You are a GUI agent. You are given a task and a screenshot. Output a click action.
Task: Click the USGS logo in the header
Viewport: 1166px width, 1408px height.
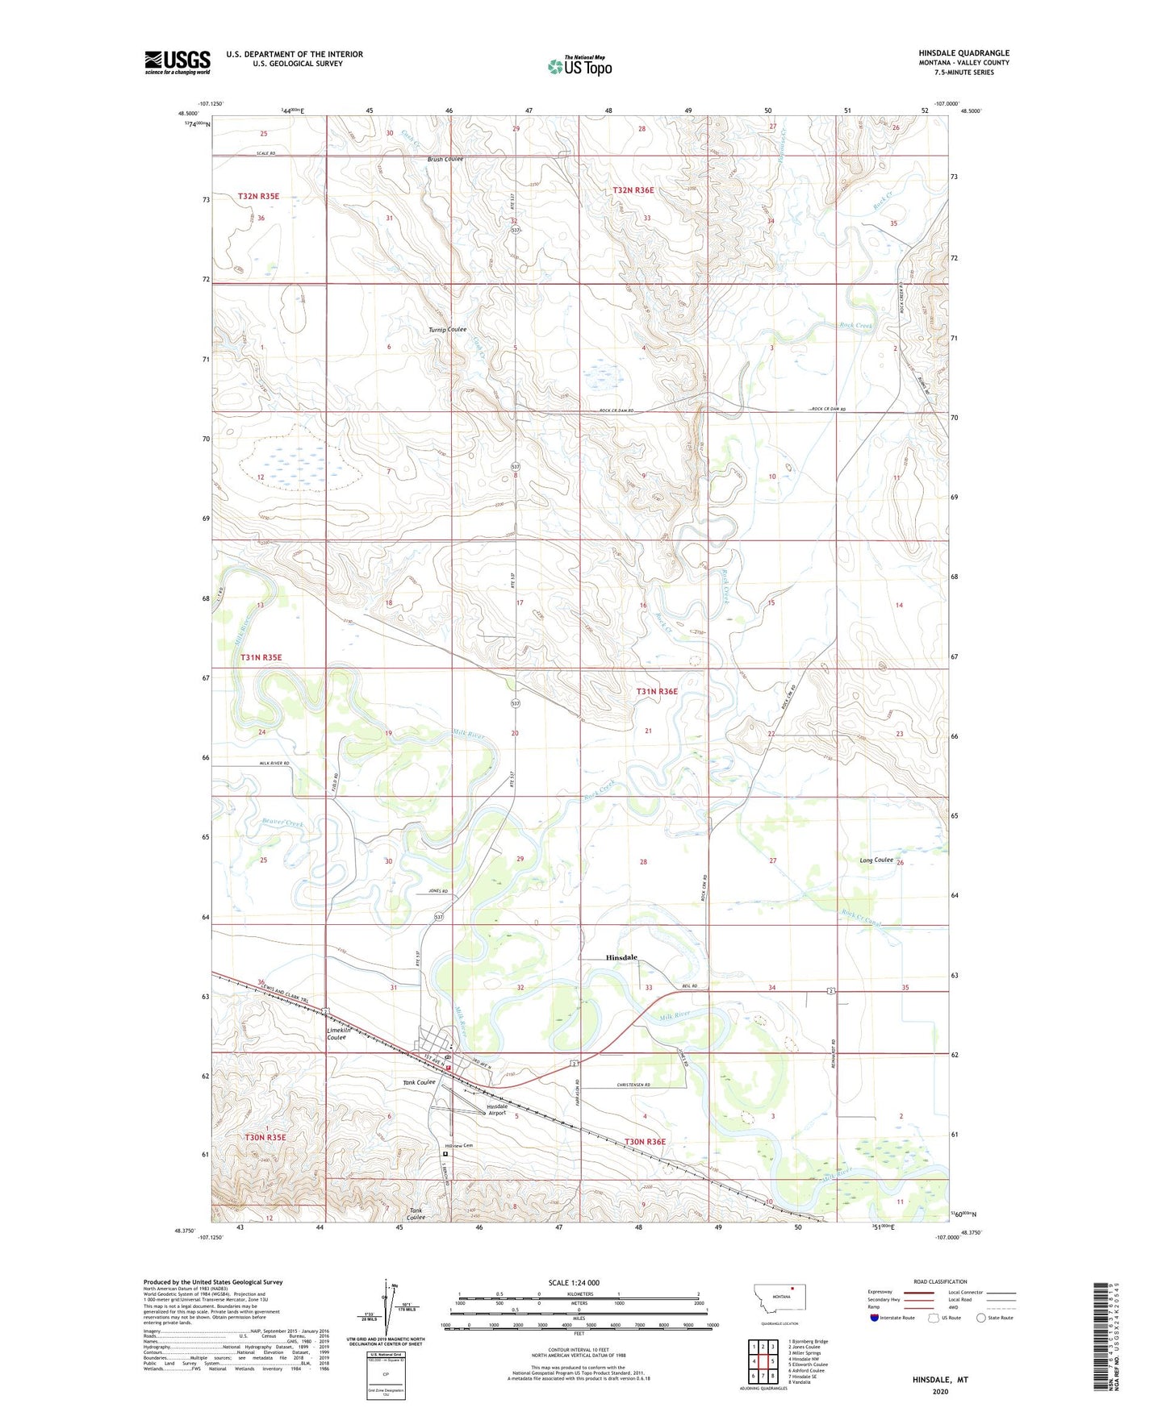click(178, 62)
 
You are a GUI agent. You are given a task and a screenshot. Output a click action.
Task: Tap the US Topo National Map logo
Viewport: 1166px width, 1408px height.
click(579, 65)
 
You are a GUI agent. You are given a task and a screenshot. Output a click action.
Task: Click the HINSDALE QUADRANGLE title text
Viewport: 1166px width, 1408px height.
click(963, 53)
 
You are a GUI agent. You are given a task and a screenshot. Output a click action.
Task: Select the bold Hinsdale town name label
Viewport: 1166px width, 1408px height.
click(621, 957)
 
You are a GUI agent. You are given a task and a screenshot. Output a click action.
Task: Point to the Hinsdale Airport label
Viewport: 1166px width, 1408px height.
click(497, 1110)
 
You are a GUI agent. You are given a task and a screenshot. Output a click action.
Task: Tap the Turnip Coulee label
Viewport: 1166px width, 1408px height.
click(447, 329)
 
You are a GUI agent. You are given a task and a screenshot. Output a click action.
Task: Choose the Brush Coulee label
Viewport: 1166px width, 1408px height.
click(445, 159)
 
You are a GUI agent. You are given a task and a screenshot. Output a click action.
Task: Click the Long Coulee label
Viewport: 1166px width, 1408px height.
click(876, 860)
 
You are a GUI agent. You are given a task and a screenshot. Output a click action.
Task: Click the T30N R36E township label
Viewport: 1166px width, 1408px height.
click(646, 1141)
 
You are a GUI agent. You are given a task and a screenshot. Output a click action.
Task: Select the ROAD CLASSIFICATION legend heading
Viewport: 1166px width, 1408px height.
click(940, 1281)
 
